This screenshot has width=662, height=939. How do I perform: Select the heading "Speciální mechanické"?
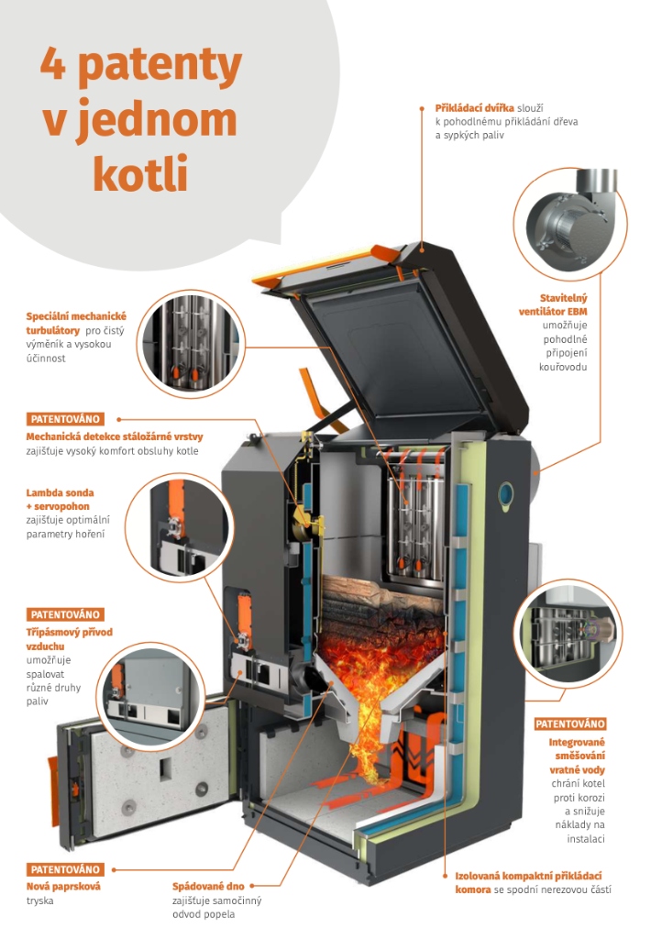(76, 316)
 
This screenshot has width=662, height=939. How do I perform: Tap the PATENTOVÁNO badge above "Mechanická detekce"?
(65, 419)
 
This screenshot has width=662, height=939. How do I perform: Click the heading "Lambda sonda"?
(60, 492)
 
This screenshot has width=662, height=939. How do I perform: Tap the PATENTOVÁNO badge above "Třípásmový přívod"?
(65, 614)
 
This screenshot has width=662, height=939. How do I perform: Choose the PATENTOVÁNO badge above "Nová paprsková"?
(65, 869)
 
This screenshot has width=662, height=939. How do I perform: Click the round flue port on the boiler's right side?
(505, 494)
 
